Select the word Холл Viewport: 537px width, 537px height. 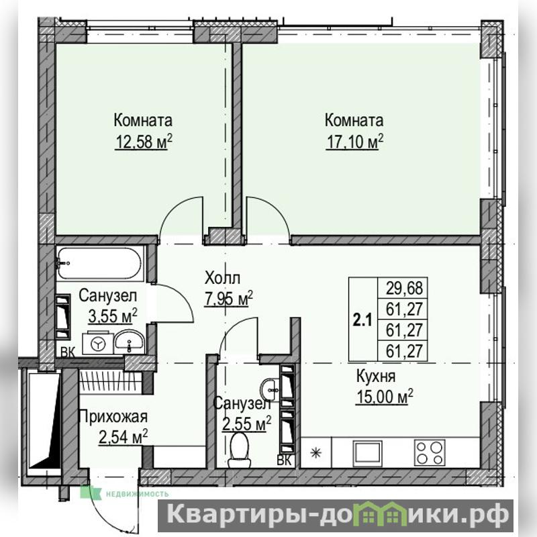[x=222, y=278]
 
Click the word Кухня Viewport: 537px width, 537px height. [x=376, y=376]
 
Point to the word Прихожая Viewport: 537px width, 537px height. [x=113, y=417]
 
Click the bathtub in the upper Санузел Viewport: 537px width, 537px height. [x=99, y=263]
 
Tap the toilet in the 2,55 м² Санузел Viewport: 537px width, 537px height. [x=239, y=449]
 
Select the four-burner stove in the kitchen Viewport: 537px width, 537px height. [x=430, y=452]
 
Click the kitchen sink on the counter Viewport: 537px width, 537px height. [x=368, y=452]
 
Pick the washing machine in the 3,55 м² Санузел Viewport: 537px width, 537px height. [x=97, y=343]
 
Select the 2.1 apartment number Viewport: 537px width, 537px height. [x=362, y=321]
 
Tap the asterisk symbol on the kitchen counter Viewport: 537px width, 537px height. [x=315, y=453]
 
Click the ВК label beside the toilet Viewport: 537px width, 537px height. [x=284, y=460]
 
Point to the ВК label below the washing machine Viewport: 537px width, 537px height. [x=68, y=352]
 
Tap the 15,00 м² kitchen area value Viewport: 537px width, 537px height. [x=385, y=397]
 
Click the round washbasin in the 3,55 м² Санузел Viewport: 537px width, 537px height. [x=130, y=341]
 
